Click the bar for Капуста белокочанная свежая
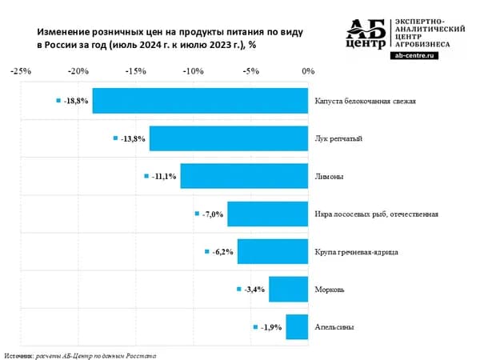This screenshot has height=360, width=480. click(200, 101)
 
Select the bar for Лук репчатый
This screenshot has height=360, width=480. click(229, 138)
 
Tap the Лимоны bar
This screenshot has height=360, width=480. click(244, 176)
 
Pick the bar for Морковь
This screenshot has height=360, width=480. click(289, 289)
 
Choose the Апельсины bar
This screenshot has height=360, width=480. click(297, 326)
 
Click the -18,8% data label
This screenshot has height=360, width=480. click(76, 101)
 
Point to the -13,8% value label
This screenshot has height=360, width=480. click(133, 138)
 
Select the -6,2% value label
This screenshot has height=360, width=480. click(222, 252)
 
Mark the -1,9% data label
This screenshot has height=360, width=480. click(270, 326)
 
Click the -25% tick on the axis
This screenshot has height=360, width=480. click(21, 70)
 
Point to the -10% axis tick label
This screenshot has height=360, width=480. click(193, 70)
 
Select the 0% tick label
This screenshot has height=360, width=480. click(308, 70)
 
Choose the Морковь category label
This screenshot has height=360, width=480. click(330, 290)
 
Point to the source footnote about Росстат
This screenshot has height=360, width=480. click(79, 353)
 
